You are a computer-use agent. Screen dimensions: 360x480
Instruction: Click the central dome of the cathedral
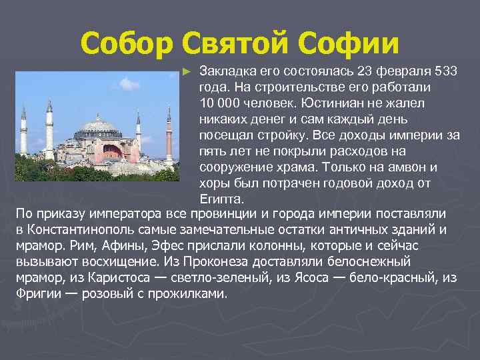(99, 126)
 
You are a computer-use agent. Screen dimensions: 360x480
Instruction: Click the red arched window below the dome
(114, 153)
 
